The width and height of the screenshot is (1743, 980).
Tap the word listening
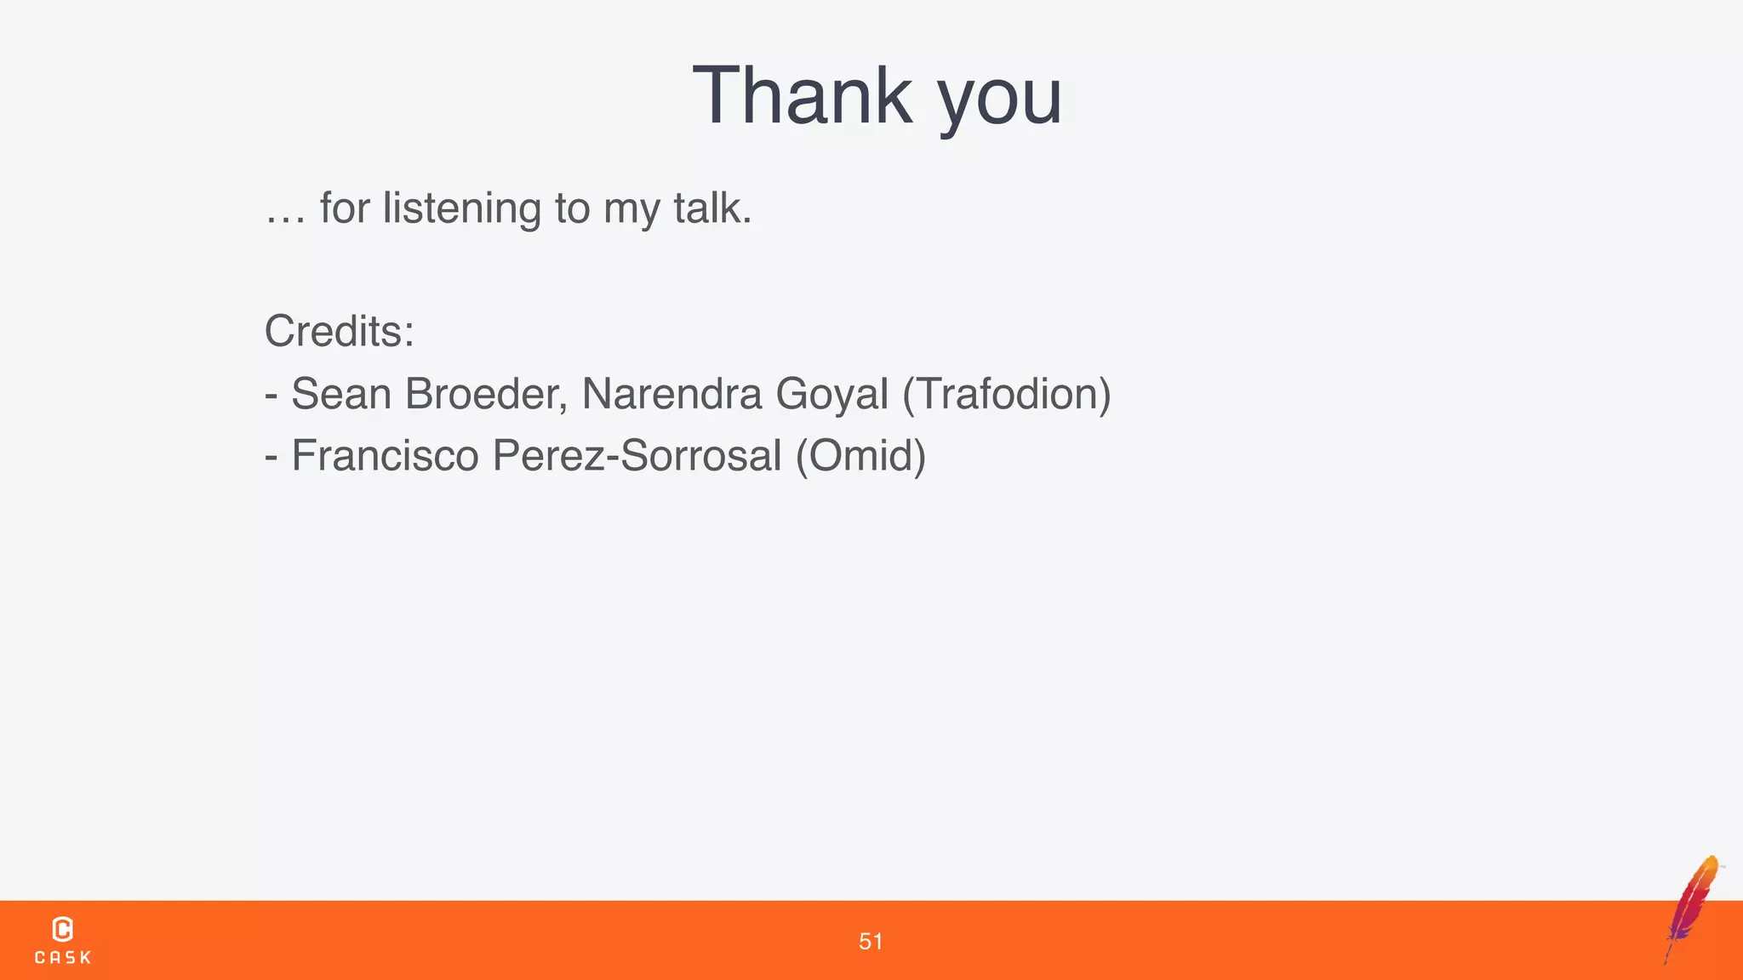click(461, 208)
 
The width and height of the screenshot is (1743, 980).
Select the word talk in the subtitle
click(711, 208)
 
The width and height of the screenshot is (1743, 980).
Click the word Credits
click(339, 331)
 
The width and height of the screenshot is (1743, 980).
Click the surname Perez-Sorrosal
click(637, 455)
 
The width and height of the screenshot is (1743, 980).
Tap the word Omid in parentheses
click(860, 455)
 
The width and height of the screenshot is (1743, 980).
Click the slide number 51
click(871, 941)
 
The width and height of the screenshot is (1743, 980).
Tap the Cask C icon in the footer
click(62, 929)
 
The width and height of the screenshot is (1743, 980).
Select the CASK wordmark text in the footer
click(63, 958)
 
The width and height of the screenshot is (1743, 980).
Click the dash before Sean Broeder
click(271, 396)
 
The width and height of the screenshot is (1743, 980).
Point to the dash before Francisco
click(271, 457)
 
